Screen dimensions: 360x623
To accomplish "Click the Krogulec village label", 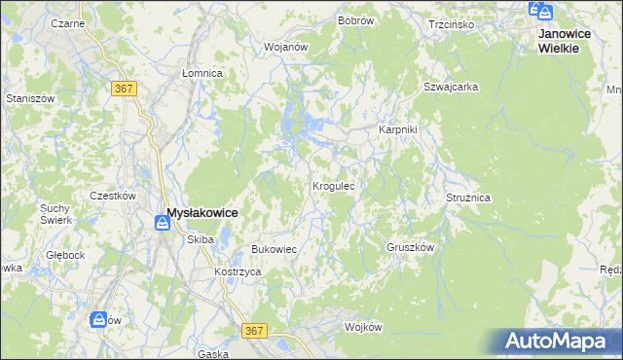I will click(x=339, y=185).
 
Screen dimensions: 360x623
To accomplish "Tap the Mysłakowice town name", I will click(x=202, y=212).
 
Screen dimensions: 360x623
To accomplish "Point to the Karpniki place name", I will click(x=397, y=130).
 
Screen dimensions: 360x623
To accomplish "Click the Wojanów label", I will click(x=286, y=46).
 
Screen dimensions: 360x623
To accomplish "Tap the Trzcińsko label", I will click(x=451, y=23).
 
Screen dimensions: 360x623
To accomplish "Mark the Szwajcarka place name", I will click(x=451, y=87).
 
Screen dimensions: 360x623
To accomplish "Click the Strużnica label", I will click(x=468, y=198).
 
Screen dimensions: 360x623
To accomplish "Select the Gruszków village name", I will click(x=410, y=247).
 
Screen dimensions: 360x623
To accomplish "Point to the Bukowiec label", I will click(x=274, y=249).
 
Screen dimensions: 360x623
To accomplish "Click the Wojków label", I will click(x=363, y=327).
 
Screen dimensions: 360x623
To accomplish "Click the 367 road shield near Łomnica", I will click(x=124, y=89).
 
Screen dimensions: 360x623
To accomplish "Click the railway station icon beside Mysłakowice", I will click(x=162, y=224).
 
